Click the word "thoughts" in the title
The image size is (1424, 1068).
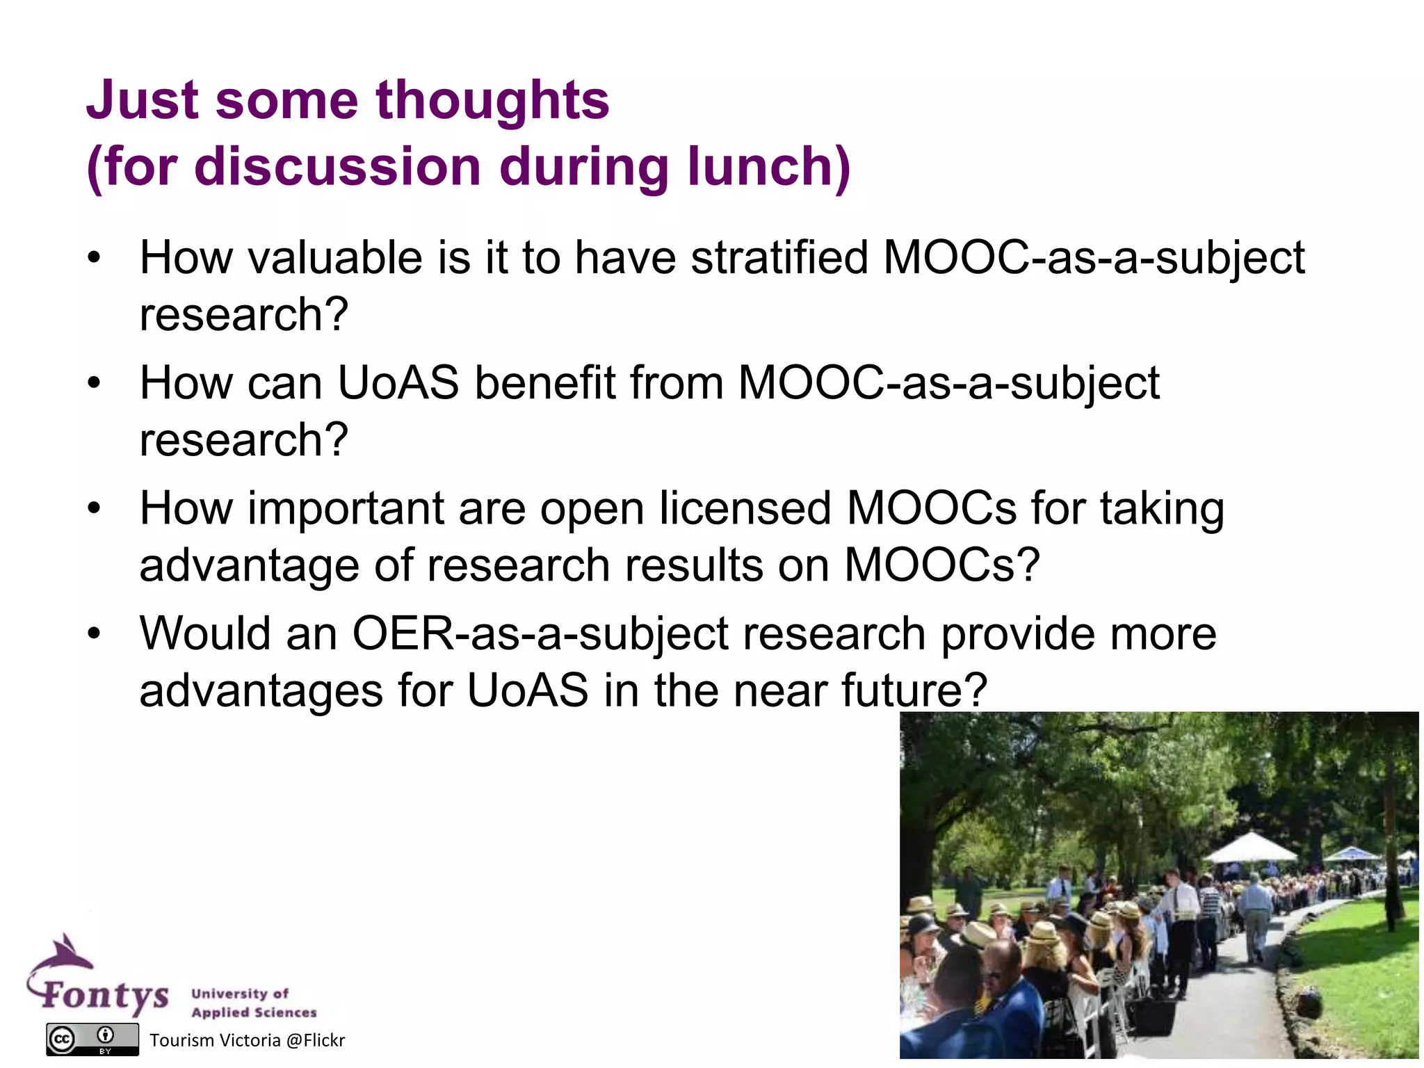pos(492,100)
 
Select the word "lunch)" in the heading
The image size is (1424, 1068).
pos(769,167)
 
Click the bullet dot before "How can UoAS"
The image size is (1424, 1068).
pos(95,383)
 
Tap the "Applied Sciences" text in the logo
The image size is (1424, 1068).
pos(254,1012)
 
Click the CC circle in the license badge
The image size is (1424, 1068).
pos(61,1039)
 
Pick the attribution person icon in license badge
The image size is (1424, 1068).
pos(106,1035)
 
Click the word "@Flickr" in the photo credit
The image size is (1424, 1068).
pos(315,1040)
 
